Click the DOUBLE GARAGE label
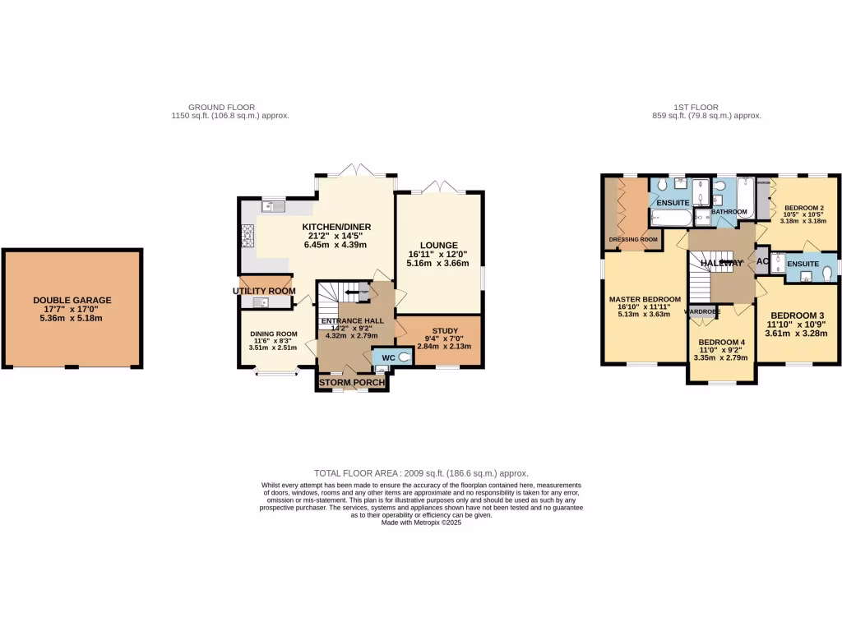pos(72,301)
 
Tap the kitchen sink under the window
pos(272,206)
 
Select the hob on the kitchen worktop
pos(246,237)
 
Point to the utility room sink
pos(261,302)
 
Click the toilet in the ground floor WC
pos(403,358)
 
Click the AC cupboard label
pos(761,262)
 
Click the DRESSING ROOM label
pos(633,240)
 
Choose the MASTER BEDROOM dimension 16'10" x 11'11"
pos(644,307)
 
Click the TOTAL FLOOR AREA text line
pos(421,473)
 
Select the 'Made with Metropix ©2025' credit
pos(421,522)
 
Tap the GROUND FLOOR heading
pos(221,107)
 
